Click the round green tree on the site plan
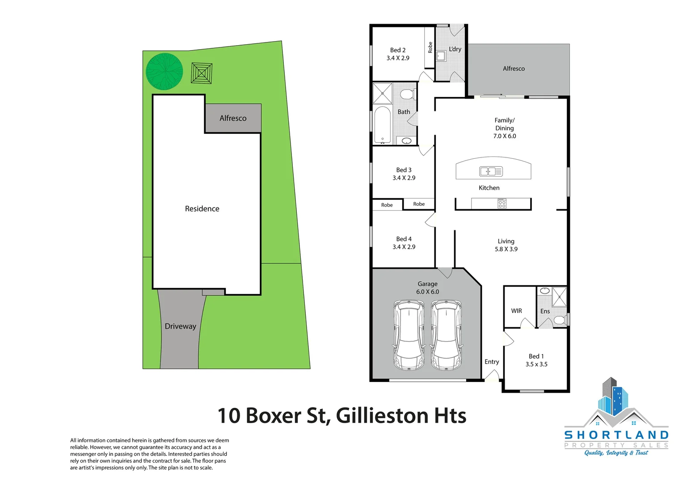click(x=164, y=72)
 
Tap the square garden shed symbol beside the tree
click(x=202, y=73)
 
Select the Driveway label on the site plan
click(x=180, y=326)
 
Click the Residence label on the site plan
click(x=202, y=209)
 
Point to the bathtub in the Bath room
click(x=382, y=125)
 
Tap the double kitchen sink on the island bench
click(x=491, y=171)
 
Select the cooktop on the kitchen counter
click(x=502, y=203)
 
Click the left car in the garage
click(x=409, y=335)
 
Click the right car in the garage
click(x=446, y=335)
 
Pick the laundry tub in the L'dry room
click(x=441, y=56)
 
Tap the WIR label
click(x=516, y=311)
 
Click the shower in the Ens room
click(x=559, y=297)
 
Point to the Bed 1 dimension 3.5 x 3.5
click(x=536, y=364)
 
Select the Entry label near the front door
click(x=492, y=362)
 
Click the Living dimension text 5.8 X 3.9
click(x=506, y=249)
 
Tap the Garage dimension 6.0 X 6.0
click(x=427, y=292)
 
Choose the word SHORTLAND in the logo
click(x=616, y=435)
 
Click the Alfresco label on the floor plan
click(x=514, y=69)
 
